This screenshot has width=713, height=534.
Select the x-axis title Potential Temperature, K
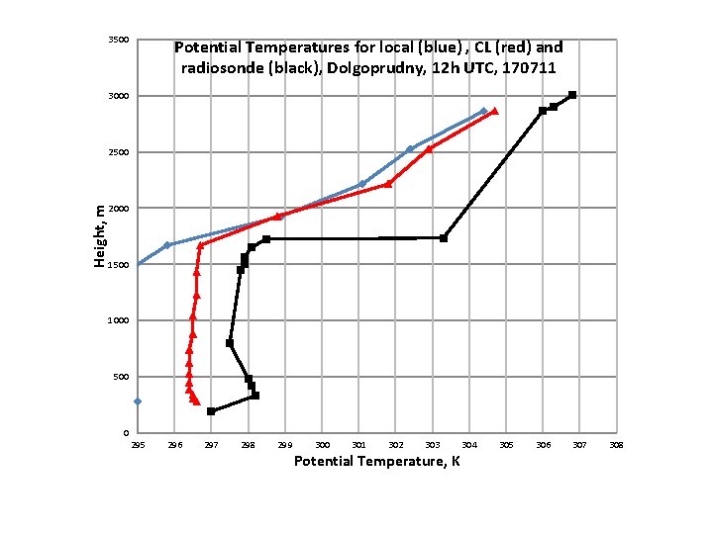tap(376, 462)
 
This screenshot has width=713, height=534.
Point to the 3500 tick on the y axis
tap(118, 40)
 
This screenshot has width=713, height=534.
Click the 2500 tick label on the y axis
tap(118, 152)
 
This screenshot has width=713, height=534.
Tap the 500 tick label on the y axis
tap(120, 377)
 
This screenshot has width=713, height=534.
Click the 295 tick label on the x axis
tap(138, 445)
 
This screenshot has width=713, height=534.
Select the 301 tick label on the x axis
tap(358, 445)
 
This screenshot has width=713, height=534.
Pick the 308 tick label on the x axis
tap(616, 445)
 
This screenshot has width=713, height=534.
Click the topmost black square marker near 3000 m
tap(572, 95)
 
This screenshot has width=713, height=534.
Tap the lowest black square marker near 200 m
tap(211, 411)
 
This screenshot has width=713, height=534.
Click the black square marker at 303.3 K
tap(444, 238)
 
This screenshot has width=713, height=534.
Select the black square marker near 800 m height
tap(230, 343)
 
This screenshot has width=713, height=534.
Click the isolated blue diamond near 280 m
tap(138, 401)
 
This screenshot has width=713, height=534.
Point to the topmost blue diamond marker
tap(483, 111)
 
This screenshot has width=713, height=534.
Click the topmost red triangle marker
tap(494, 111)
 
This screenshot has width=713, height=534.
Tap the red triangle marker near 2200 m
tap(388, 184)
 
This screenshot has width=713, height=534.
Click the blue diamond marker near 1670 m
tap(167, 244)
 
